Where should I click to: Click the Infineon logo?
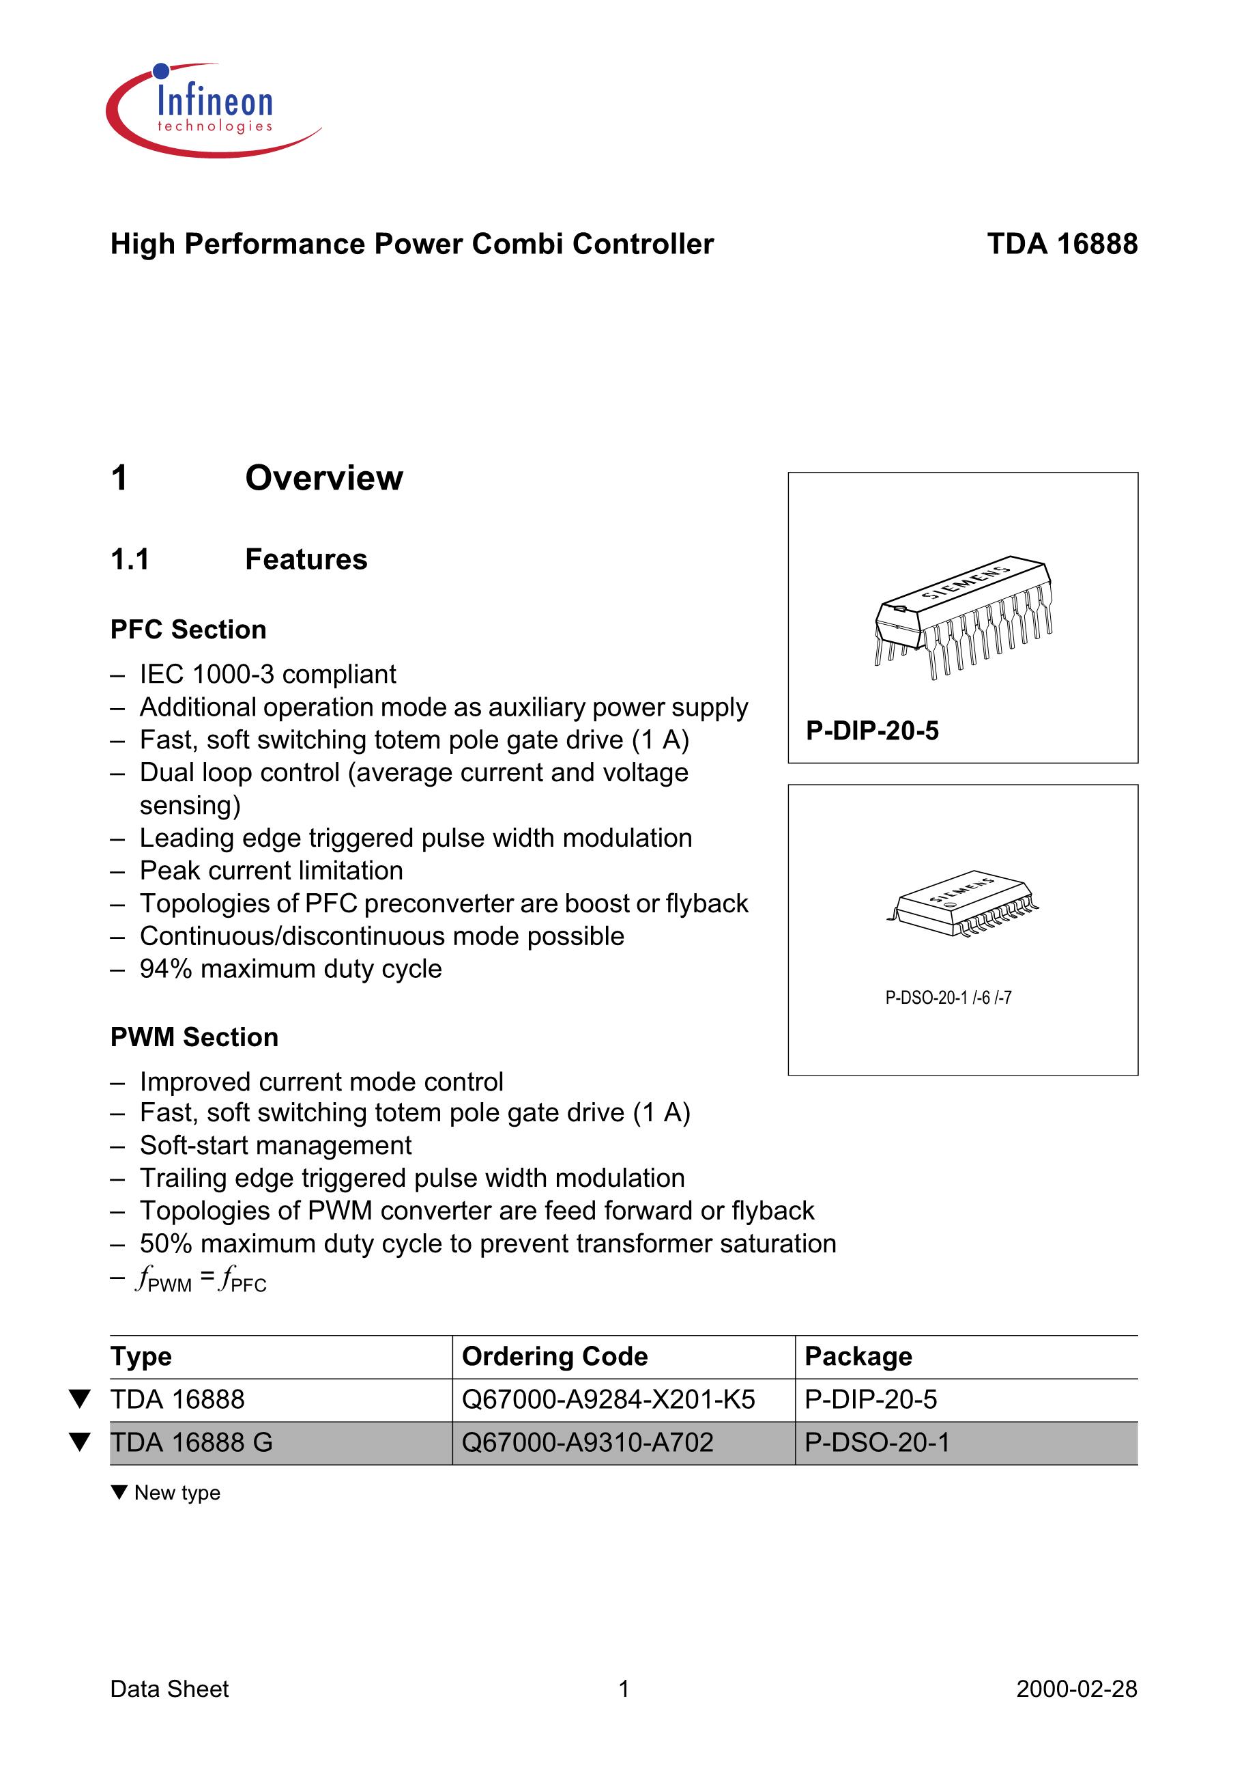214,110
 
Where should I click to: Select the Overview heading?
323,478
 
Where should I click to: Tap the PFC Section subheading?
188,629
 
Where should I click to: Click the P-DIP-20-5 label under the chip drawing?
872,730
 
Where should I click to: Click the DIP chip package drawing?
964,617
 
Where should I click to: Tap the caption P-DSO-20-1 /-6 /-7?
948,998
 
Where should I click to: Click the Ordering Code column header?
554,1356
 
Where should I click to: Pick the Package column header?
858,1356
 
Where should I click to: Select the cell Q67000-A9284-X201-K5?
608,1399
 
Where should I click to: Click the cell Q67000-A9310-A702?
587,1442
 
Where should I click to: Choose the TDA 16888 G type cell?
191,1442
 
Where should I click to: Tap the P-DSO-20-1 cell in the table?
877,1442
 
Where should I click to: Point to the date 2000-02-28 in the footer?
1075,1688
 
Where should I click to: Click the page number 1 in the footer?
624,1688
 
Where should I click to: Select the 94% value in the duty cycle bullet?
166,969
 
